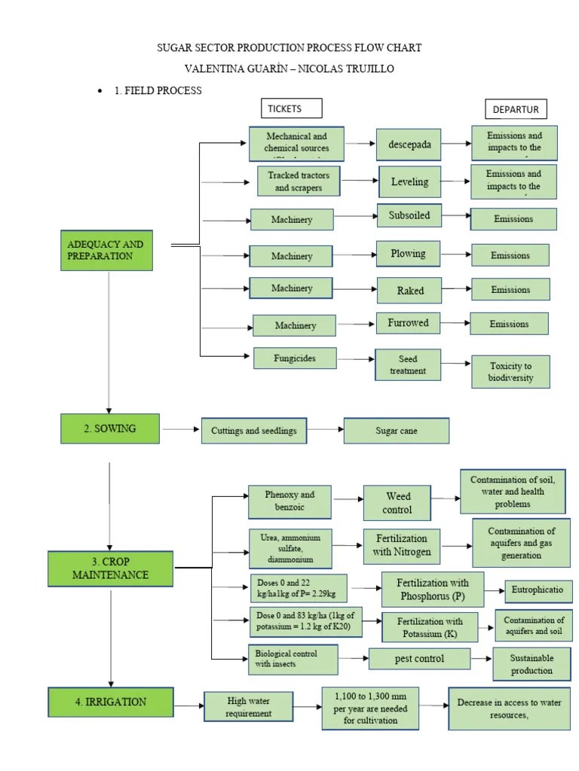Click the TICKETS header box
[290, 108]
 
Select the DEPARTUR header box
[516, 109]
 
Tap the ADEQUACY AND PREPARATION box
[107, 251]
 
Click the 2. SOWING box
[110, 428]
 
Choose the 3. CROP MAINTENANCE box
[111, 568]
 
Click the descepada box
[409, 144]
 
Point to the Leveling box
[409, 181]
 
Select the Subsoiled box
[409, 215]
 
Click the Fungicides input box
[295, 358]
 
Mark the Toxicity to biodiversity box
[510, 371]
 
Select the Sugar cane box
[397, 431]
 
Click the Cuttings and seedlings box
[254, 431]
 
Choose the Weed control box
[397, 503]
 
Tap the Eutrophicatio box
[538, 590]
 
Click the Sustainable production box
[532, 664]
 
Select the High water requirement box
[249, 707]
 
